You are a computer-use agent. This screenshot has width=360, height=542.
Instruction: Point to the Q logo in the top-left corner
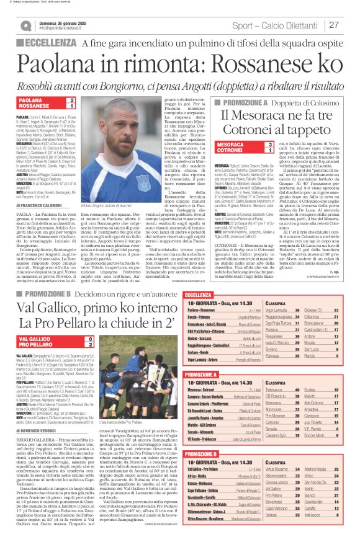(25, 25)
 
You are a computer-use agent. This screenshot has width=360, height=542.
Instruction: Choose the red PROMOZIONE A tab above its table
(211, 357)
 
